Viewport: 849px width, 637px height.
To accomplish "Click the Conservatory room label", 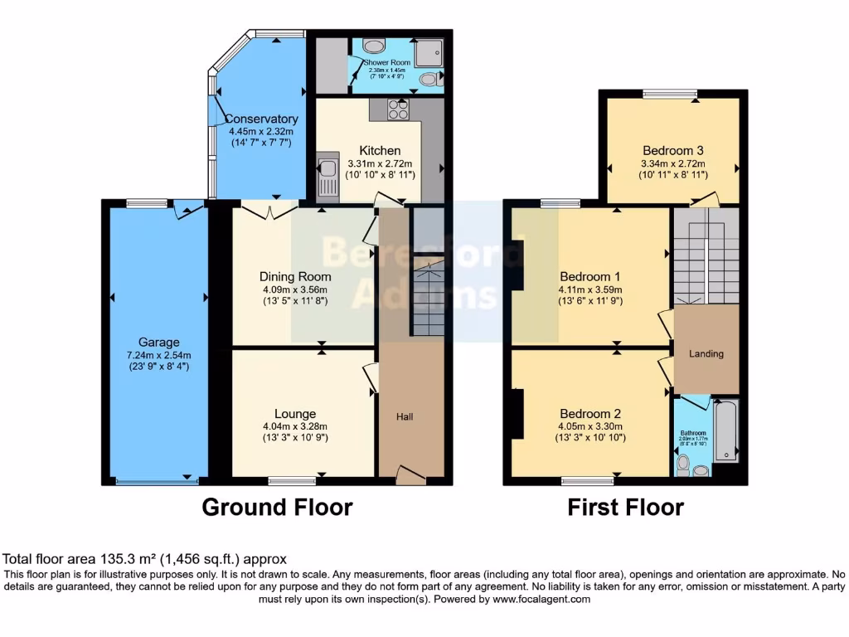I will coord(262,119).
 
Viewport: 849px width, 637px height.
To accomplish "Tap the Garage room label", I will coord(159,342).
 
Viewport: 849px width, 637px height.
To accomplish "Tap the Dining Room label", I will coord(295,277).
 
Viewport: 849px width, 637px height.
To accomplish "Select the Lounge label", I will coord(295,414).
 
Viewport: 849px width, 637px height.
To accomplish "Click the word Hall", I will coord(405,416).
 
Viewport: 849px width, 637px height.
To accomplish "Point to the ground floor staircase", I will coord(428,299).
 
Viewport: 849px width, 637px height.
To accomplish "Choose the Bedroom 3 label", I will coord(673,151).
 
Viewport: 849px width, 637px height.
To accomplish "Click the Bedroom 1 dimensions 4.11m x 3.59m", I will coord(590,289).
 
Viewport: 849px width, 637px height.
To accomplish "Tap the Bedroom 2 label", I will coord(590,414).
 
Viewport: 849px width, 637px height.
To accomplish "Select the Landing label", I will coord(706,353).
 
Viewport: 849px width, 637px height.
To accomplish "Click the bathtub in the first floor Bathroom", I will coord(725,430).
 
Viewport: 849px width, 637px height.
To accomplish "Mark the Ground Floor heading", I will coord(277,507).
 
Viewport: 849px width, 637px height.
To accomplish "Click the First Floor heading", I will coord(625,507).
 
